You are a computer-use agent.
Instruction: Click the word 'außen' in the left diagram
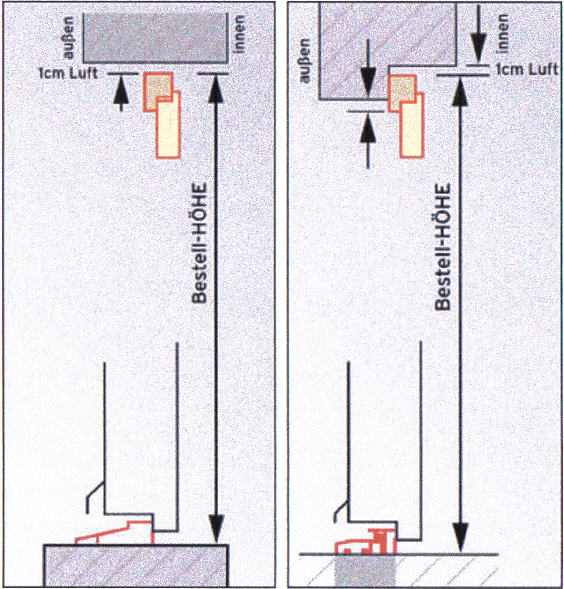69,38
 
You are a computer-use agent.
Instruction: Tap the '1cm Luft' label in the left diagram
68,74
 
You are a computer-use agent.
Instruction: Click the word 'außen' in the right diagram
305,60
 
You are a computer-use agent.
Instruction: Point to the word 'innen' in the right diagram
503,32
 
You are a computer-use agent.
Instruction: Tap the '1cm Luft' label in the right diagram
527,70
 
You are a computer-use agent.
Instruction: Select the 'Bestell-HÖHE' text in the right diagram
443,246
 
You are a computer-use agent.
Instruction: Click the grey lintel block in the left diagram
155,37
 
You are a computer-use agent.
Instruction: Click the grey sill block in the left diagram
136,565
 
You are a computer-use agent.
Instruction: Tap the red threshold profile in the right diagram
368,543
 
